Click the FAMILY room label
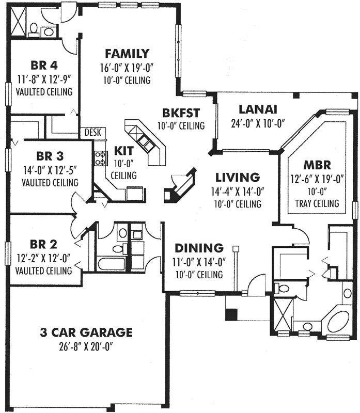point(127,54)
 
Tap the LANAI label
point(258,109)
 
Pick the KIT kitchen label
point(124,151)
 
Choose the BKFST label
point(181,112)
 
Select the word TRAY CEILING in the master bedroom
point(318,203)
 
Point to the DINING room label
point(198,248)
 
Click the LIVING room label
point(237,178)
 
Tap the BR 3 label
point(50,155)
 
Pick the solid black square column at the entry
point(232,312)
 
